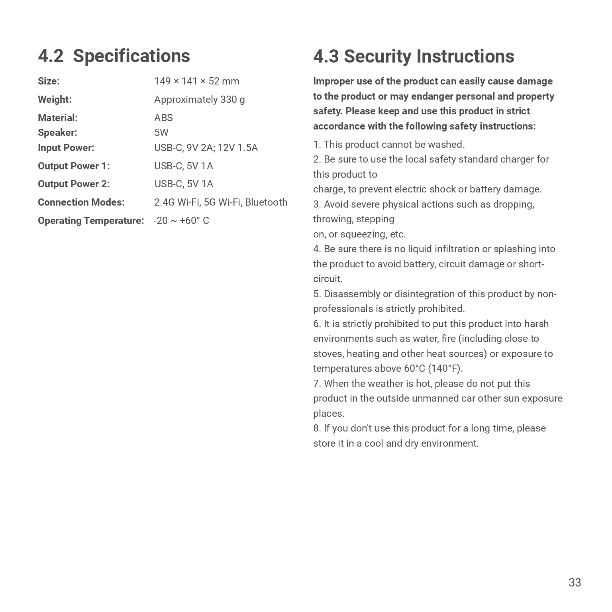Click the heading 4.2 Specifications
pyautogui.click(x=114, y=56)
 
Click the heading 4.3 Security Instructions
pyautogui.click(x=414, y=56)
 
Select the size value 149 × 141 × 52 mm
pyautogui.click(x=196, y=81)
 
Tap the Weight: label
pyautogui.click(x=55, y=100)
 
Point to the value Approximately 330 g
pyautogui.click(x=199, y=100)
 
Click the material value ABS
pyautogui.click(x=163, y=118)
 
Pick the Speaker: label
pyautogui.click(x=57, y=133)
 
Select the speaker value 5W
pyautogui.click(x=161, y=133)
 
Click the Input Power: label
pyautogui.click(x=66, y=148)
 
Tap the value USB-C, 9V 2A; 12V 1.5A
pyautogui.click(x=206, y=148)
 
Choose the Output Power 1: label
pyautogui.click(x=74, y=166)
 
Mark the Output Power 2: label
pyautogui.click(x=74, y=184)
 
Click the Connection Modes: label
pyautogui.click(x=81, y=202)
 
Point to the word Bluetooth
pyautogui.click(x=266, y=202)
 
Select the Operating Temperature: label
pyautogui.click(x=91, y=221)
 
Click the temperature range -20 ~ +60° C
pyautogui.click(x=181, y=221)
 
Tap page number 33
pyautogui.click(x=575, y=583)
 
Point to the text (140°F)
pyautogui.click(x=445, y=369)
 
